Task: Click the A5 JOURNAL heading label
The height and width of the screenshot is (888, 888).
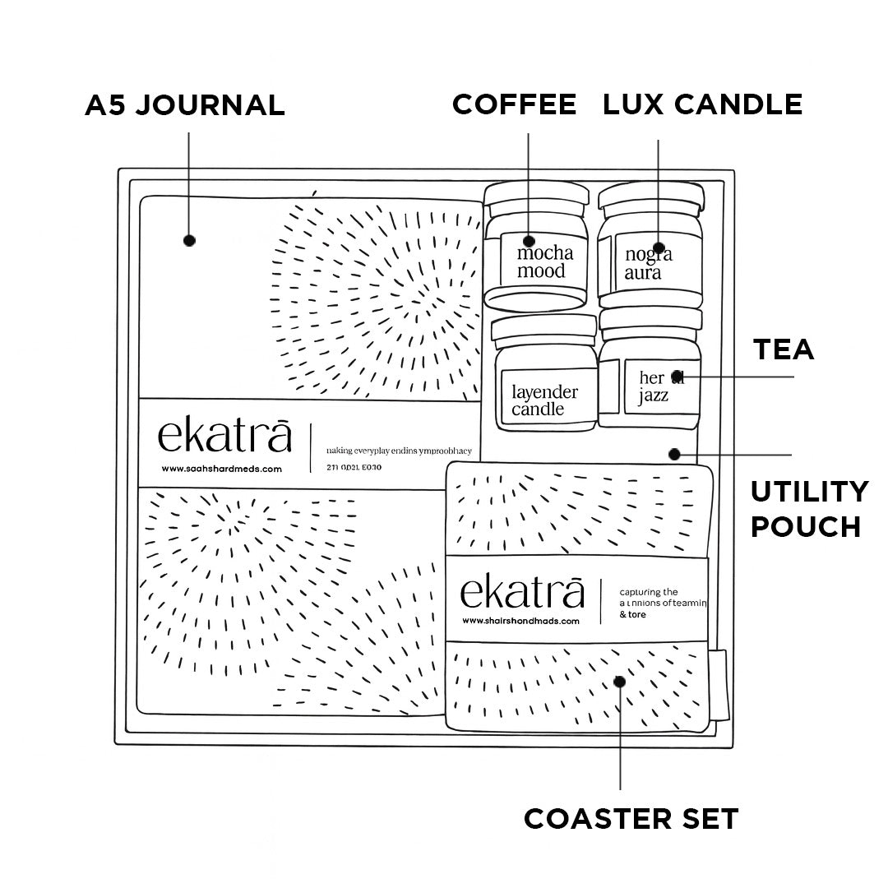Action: (x=185, y=105)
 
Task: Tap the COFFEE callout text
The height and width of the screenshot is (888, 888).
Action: (x=515, y=104)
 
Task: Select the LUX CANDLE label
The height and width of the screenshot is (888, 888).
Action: (x=702, y=104)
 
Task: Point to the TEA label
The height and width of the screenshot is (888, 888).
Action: (x=784, y=349)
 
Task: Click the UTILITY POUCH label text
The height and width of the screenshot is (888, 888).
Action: (x=809, y=509)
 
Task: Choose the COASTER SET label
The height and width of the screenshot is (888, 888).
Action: (x=631, y=819)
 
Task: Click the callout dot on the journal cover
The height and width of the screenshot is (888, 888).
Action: (x=190, y=240)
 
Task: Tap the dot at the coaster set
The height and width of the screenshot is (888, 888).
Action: (x=619, y=681)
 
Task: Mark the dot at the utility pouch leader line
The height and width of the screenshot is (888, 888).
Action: (x=674, y=454)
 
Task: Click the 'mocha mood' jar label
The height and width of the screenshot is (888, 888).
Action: (x=542, y=261)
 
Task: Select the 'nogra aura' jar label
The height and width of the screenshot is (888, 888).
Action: (x=648, y=262)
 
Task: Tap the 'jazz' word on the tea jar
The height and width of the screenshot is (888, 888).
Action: (x=654, y=395)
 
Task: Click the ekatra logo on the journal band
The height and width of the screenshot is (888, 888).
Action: (x=224, y=436)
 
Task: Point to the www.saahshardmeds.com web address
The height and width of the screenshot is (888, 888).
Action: (x=222, y=469)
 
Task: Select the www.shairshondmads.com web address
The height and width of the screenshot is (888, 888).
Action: (x=521, y=622)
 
